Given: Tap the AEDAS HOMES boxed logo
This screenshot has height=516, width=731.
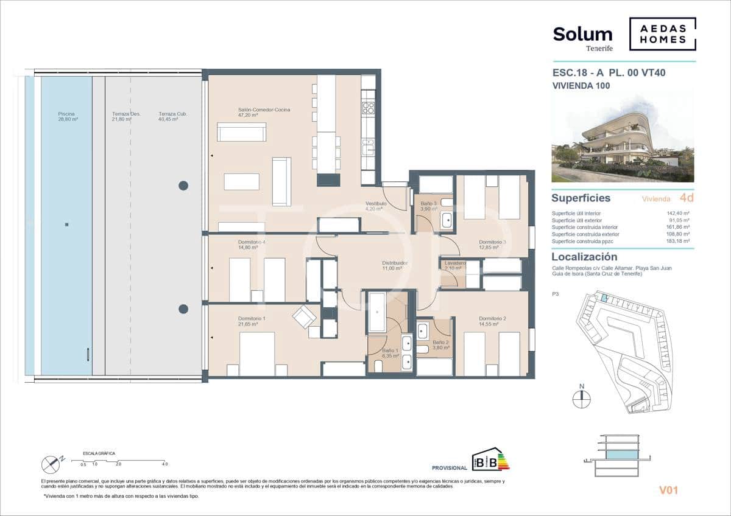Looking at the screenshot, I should [662, 34].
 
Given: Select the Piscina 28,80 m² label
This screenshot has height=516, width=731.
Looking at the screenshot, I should [68, 116].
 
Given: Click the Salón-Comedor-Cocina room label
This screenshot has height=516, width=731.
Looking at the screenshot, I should [264, 113].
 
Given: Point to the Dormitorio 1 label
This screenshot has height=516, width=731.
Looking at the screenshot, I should [252, 321].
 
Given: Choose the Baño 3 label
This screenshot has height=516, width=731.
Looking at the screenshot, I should [429, 206].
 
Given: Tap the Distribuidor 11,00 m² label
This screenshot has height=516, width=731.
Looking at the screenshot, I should [395, 265].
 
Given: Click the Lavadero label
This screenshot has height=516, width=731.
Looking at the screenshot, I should [454, 265].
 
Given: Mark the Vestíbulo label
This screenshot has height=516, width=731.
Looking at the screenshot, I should [376, 206].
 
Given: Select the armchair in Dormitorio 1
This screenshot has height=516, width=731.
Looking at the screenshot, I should [304, 316].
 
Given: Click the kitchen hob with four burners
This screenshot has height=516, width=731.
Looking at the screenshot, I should [368, 108].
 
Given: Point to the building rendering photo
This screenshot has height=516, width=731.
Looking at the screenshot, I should [623, 136].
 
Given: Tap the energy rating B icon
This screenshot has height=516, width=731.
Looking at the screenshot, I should [491, 461].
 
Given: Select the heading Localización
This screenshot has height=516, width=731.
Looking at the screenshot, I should [584, 257].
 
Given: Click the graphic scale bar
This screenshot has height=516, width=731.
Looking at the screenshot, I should [122, 461].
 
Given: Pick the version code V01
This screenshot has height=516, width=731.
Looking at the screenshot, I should [668, 490].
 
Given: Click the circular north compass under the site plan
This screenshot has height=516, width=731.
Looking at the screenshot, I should [582, 399].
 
